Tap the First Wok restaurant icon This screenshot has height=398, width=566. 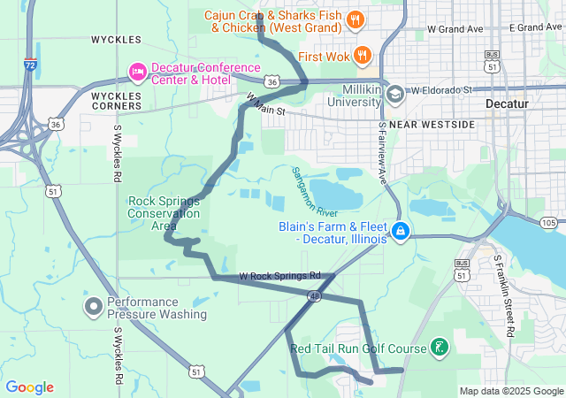(x=362, y=57)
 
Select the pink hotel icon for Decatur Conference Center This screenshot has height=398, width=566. (x=137, y=70)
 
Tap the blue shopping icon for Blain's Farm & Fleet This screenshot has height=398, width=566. (x=401, y=232)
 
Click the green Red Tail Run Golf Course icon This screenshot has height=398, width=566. (x=437, y=347)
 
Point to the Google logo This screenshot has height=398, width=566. (x=29, y=387)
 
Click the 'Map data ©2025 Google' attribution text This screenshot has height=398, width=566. (x=510, y=391)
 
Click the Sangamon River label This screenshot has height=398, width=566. (x=316, y=193)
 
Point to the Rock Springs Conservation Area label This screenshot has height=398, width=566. (x=164, y=213)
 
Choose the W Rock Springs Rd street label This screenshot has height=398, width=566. (x=279, y=276)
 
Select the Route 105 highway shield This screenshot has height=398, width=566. (x=548, y=221)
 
